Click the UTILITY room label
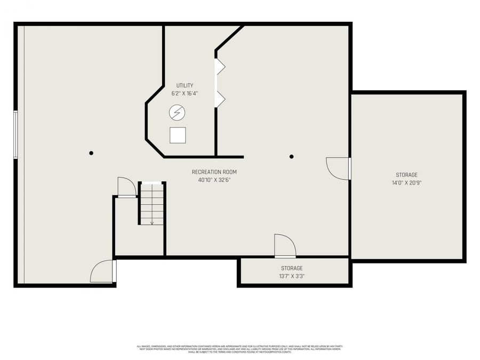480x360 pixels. pos(185,85)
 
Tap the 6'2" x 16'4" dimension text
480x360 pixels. pos(185,93)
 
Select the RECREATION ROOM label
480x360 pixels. pos(214,172)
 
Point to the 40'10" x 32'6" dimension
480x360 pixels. pos(214,180)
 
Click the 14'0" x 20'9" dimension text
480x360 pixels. pos(406,183)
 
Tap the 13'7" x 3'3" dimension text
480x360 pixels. pos(292,276)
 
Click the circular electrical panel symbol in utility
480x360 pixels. pos(177,112)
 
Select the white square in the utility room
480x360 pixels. pos(178,135)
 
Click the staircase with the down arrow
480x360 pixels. pos(152,204)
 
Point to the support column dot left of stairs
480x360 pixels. pos(91,153)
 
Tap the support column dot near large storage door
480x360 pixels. pos(292,156)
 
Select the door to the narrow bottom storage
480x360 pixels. pos(285,246)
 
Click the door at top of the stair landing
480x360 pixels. pos(126,187)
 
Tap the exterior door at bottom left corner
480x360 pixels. pos(102,271)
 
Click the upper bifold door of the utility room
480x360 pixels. pos(219,67)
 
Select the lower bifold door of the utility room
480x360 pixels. pos(219,98)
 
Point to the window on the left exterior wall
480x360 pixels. pos(16,134)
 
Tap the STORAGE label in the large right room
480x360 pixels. pos(406,175)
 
